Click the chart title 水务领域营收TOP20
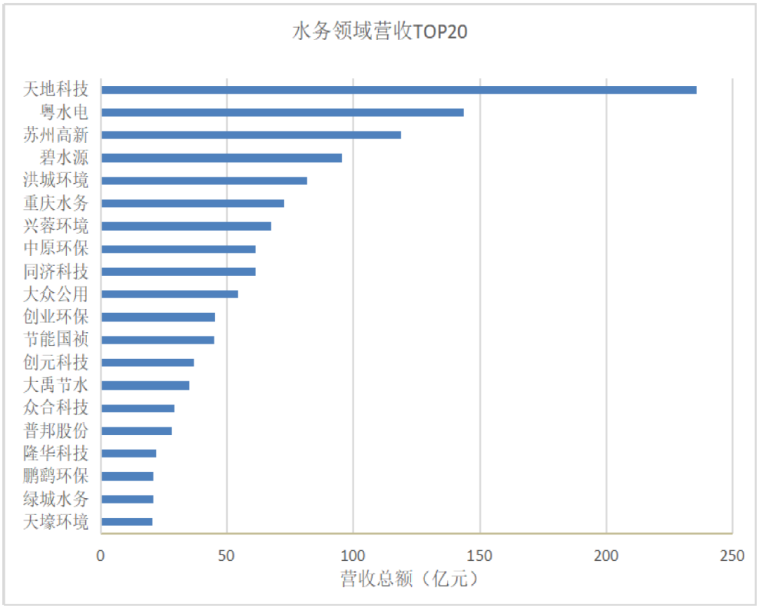point(379,32)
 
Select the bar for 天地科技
point(398,90)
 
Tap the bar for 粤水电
point(282,113)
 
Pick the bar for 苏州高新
point(251,135)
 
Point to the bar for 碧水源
point(221,158)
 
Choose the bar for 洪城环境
point(204,181)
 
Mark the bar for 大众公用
point(169,294)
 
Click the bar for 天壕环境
point(126,521)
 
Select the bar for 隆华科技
point(129,453)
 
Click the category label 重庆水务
point(56,203)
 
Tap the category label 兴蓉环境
point(56,226)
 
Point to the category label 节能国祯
point(56,340)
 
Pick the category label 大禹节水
point(56,385)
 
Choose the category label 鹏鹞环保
point(56,476)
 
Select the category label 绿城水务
point(56,499)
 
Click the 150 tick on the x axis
point(480,556)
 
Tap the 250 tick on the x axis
point(732,556)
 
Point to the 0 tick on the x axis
point(101,556)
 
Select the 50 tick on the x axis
point(227,556)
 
